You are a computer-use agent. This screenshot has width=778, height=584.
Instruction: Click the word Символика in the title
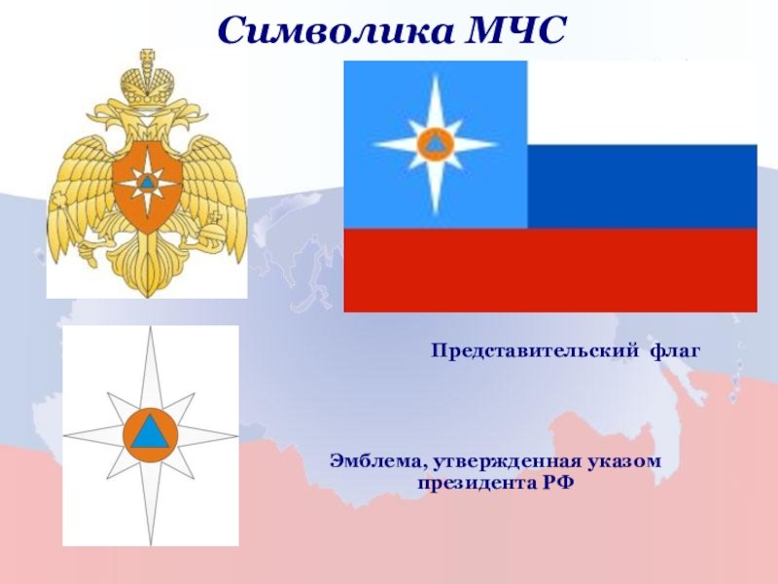tap(335, 31)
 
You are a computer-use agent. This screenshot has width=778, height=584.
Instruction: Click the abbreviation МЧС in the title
tap(515, 31)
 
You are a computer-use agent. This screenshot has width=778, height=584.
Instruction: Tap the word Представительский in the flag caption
tap(535, 351)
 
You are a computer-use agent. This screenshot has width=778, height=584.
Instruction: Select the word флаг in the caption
tap(676, 351)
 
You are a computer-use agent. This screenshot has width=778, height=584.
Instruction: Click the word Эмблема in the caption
tap(379, 461)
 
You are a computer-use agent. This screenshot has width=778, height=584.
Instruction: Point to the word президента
tap(474, 483)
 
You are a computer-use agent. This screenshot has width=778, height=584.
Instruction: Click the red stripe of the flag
tap(550, 271)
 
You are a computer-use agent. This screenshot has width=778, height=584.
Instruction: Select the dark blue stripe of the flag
tap(642, 187)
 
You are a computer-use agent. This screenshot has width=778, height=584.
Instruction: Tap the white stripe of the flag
tap(642, 103)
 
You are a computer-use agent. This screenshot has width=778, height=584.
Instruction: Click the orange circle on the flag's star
tap(435, 144)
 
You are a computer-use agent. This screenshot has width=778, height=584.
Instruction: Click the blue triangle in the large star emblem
tap(151, 433)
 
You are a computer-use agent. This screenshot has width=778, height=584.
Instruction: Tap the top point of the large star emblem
tap(151, 328)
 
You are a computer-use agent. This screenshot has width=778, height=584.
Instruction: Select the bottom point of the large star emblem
tap(151, 544)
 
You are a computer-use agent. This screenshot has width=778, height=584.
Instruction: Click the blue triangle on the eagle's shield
tap(147, 182)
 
